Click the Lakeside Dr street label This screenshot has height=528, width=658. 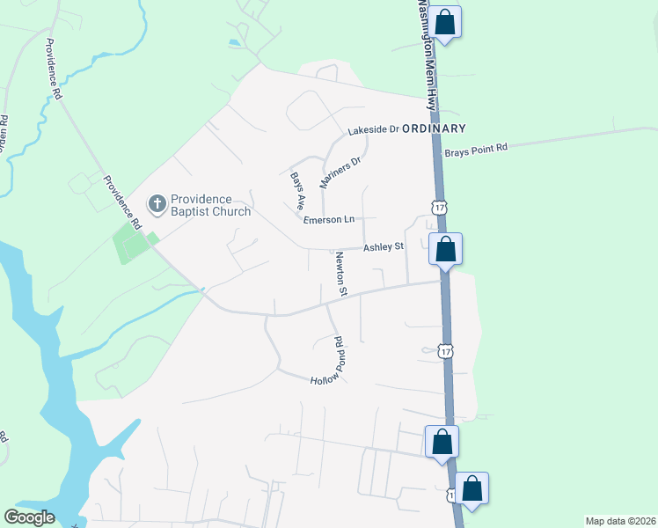pos(373,129)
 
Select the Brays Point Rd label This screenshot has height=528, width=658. pos(476,150)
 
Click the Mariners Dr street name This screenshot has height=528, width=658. pos(340,174)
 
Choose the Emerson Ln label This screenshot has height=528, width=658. pos(328,219)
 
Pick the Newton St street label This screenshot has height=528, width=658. pos(341,273)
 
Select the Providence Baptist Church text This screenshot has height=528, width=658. pos(210,205)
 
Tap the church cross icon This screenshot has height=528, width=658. pos(157,205)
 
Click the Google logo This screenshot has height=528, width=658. pos(29,517)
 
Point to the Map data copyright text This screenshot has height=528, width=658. pos(620,521)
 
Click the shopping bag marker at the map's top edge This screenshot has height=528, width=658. pos(446,21)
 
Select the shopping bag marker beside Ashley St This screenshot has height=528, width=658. pos(446,249)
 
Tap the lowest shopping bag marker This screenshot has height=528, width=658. pos(472,488)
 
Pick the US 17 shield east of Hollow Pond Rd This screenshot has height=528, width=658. pos(447,351)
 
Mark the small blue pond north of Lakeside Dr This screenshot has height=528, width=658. pos(233,41)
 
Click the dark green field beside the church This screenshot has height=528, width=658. pos(129,243)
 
